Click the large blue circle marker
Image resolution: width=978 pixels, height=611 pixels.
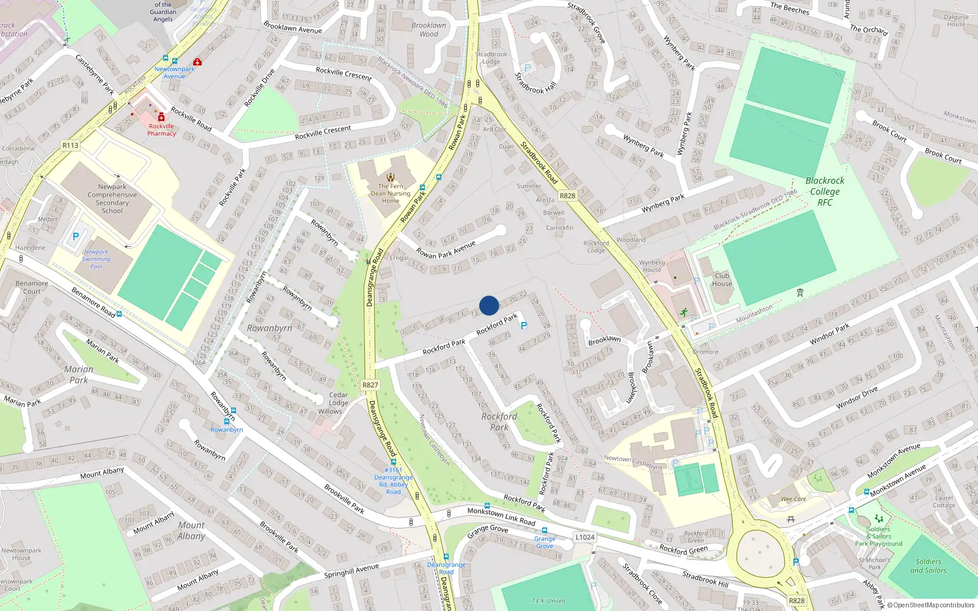click(489, 305)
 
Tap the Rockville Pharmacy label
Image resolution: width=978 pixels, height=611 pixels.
click(161, 130)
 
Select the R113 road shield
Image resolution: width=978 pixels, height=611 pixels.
click(70, 145)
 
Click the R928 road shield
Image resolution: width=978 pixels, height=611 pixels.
click(567, 196)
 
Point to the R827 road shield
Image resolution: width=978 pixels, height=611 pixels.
click(370, 385)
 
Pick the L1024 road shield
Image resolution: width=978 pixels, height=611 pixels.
click(584, 537)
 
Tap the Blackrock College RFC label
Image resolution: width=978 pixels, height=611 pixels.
click(825, 191)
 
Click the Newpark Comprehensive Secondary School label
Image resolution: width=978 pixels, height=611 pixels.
click(112, 199)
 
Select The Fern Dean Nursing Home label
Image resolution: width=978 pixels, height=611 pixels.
click(391, 193)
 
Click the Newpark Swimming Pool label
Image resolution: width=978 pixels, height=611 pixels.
click(96, 259)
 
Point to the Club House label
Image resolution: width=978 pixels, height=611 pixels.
click(722, 279)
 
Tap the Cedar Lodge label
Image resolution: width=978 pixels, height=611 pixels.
click(338, 399)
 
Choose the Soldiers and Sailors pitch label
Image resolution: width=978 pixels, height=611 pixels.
click(928, 566)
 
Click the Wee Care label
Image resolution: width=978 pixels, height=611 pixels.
click(793, 499)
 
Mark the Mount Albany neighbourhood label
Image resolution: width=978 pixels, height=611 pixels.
click(191, 530)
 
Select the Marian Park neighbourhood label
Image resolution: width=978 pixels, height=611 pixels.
click(79, 375)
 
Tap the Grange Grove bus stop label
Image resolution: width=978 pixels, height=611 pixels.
click(545, 542)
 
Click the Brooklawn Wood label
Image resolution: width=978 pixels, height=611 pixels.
click(428, 29)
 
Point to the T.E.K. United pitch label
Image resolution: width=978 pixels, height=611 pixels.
click(548, 601)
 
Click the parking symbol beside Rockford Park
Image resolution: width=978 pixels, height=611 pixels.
click(523, 326)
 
